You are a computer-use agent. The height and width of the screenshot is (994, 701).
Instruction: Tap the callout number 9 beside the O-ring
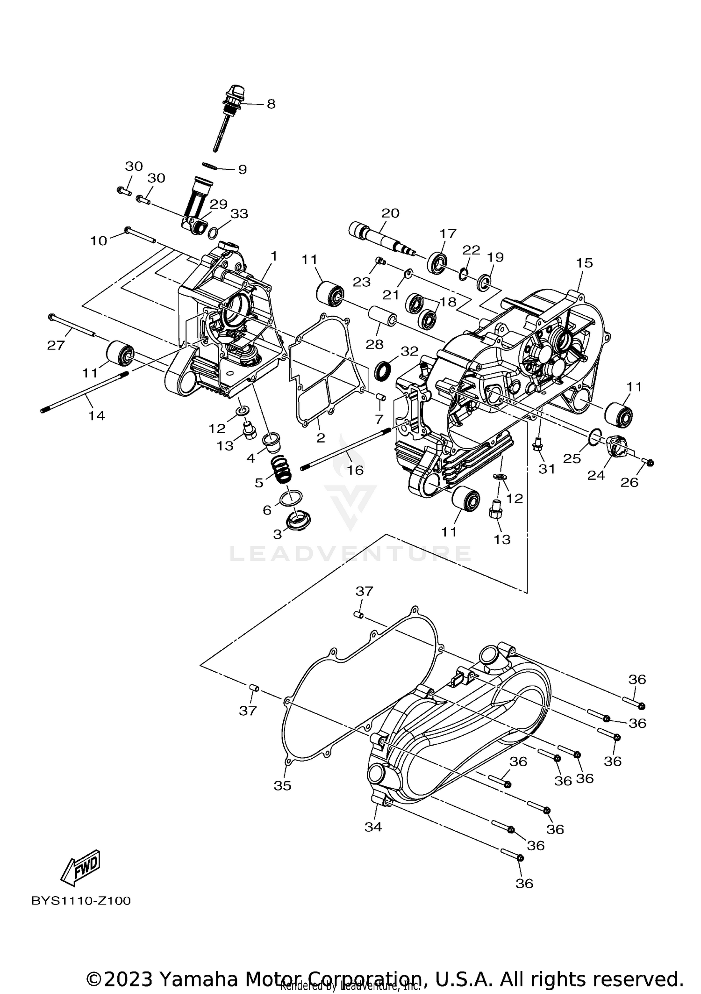coord(242,169)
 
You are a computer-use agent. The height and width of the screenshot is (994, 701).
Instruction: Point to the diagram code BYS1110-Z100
coord(81,901)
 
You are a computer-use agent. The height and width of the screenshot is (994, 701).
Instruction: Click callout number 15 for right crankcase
coord(584,263)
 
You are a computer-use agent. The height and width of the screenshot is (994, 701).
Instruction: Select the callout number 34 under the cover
coord(373,827)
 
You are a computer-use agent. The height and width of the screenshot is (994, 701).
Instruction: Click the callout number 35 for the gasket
coord(282,786)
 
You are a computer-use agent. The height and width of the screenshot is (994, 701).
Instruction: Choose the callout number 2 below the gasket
coord(321,438)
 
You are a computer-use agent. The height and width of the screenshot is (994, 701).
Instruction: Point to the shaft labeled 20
coord(379,236)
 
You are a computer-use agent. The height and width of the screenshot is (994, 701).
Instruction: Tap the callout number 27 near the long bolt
coord(56,345)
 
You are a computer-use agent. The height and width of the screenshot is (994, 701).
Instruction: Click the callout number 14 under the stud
coord(97,415)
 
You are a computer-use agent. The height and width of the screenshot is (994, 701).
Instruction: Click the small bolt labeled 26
coord(649,462)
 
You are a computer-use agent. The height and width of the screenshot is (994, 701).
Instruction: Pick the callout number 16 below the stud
coord(355,470)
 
